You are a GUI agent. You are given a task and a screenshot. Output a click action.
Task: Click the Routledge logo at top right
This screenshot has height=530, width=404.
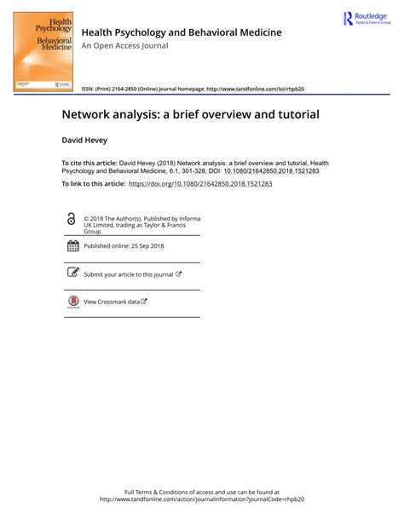click(x=366, y=18)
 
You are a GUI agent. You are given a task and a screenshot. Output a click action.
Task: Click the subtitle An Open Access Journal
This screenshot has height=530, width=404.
click(x=124, y=45)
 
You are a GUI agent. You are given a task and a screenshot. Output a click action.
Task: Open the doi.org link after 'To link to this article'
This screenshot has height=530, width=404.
click(x=200, y=184)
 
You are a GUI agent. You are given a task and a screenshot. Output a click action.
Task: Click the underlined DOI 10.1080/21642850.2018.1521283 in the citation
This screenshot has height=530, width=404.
click(x=271, y=170)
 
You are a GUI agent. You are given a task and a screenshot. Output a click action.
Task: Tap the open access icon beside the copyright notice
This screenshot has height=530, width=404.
click(x=71, y=220)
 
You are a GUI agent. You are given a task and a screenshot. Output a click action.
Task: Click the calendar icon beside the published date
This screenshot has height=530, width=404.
click(x=72, y=246)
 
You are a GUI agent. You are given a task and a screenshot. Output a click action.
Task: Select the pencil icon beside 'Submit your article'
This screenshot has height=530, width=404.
click(x=72, y=274)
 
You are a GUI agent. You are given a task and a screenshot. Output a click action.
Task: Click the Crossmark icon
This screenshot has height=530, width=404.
click(x=72, y=302)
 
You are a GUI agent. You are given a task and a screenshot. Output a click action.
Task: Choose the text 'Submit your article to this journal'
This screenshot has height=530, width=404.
click(x=128, y=274)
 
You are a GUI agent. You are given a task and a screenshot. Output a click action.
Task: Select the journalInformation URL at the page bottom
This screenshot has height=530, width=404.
click(x=202, y=499)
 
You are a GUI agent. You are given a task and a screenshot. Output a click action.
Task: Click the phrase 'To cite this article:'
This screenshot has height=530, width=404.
click(x=89, y=162)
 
